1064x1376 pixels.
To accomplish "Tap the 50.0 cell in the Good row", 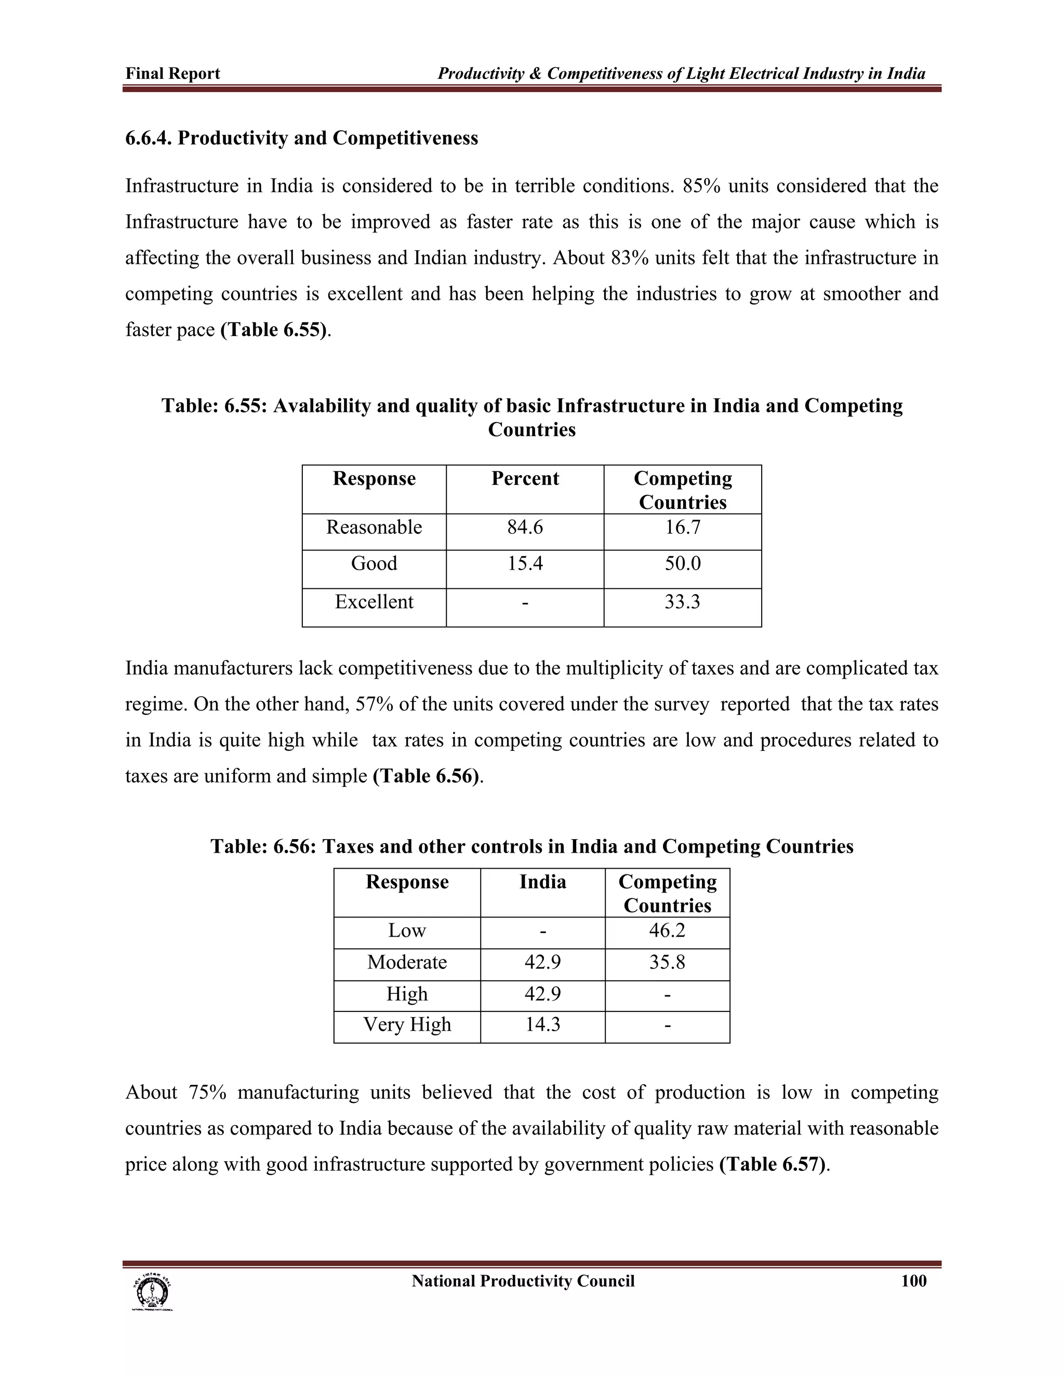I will pos(683,563).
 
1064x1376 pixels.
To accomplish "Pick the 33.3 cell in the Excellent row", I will pos(683,602).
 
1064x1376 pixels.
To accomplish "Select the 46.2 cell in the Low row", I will pos(667,930).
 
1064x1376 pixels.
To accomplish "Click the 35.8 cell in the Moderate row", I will pos(667,962).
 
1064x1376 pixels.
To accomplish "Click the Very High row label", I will pos(407,1024).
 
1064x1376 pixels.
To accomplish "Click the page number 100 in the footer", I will pos(913,1281).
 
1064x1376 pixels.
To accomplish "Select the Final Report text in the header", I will pos(172,74).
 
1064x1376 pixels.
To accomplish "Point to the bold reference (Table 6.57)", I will pos(773,1164).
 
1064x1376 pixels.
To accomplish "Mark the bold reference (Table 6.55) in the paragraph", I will pos(274,330).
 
